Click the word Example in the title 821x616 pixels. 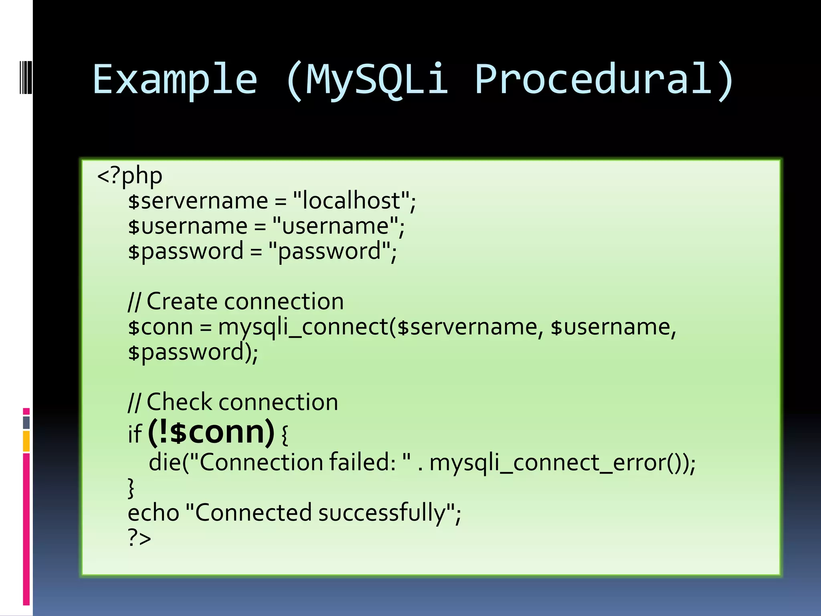[175, 80]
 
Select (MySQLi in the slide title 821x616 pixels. [367, 80]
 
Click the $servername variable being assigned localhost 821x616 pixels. [198, 201]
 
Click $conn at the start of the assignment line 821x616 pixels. [160, 327]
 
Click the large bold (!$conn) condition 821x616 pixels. [211, 432]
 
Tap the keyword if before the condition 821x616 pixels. [135, 434]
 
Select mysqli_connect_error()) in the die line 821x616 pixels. [562, 463]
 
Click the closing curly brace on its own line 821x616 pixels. [131, 488]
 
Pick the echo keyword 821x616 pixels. [153, 513]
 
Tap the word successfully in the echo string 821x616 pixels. [382, 513]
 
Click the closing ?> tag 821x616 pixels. [139, 538]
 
